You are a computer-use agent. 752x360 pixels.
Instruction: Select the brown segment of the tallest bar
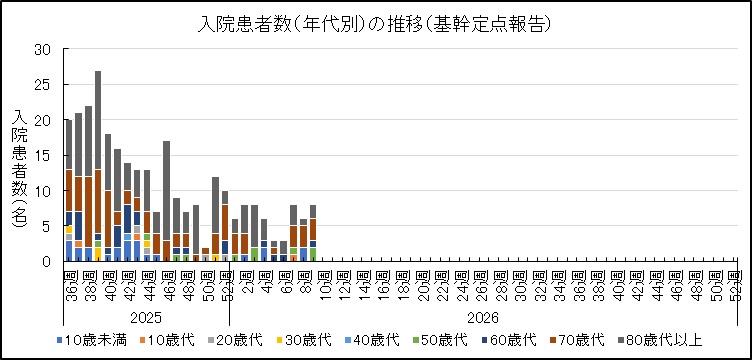(x=98, y=200)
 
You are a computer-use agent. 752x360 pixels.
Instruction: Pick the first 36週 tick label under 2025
(x=67, y=279)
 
